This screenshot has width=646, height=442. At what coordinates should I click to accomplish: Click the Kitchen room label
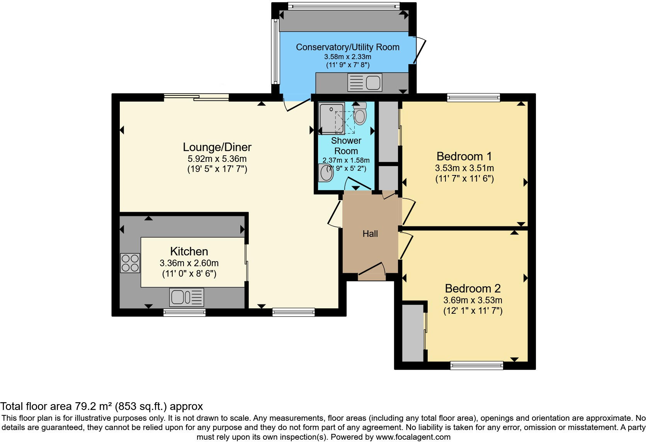click(189, 252)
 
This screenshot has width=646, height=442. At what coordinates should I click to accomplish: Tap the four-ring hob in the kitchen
click(130, 263)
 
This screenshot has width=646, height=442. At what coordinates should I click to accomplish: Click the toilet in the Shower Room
click(360, 114)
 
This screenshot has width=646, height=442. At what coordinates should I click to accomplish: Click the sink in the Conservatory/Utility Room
click(365, 82)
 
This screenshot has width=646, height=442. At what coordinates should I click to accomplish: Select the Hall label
click(370, 234)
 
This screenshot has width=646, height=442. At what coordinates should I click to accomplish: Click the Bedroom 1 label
click(464, 156)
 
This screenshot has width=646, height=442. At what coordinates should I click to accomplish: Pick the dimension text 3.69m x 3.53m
click(473, 300)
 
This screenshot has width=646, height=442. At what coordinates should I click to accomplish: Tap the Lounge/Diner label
click(217, 147)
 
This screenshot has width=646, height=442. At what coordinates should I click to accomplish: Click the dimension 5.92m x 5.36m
click(217, 159)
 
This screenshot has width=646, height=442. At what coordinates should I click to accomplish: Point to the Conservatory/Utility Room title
click(347, 47)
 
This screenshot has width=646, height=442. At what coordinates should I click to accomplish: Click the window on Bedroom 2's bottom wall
click(477, 365)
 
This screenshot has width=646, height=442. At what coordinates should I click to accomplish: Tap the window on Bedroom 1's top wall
click(473, 98)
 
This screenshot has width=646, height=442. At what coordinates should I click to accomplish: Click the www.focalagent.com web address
click(412, 437)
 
